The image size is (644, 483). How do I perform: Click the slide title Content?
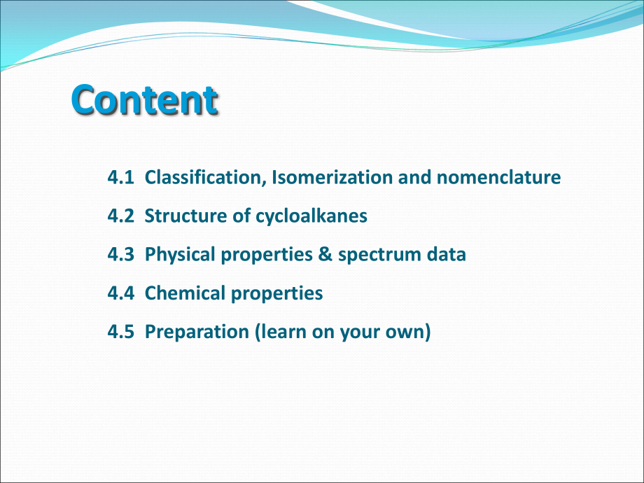[x=144, y=100]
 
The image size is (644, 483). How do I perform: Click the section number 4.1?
[x=120, y=177]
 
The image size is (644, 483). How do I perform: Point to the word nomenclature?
[x=498, y=177]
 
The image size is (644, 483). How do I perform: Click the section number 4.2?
[x=120, y=216]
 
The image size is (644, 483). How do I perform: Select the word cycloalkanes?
[x=311, y=216]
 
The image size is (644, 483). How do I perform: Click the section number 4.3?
[x=120, y=255]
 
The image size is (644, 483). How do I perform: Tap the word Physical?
[x=180, y=255]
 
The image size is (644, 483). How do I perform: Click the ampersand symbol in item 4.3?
[x=325, y=254]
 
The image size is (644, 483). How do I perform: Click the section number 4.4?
[x=120, y=293]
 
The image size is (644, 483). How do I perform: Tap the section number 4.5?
[x=120, y=332]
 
